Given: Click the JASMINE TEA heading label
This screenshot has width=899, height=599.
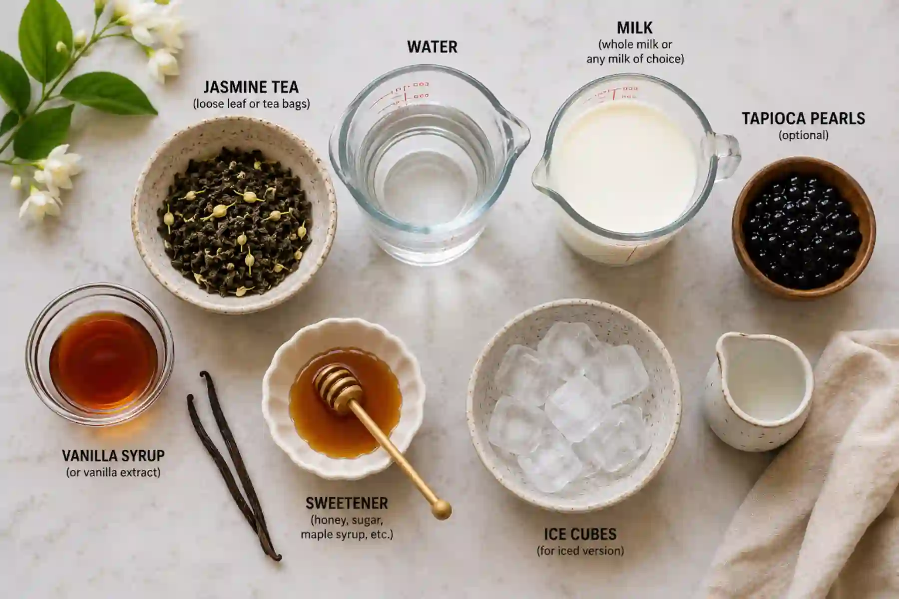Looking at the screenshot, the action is [x=251, y=87].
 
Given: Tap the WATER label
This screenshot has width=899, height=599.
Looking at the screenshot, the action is [x=432, y=47].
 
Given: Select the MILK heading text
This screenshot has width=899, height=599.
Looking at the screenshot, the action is [x=634, y=27].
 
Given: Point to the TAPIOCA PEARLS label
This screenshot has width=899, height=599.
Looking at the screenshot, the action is [x=803, y=118].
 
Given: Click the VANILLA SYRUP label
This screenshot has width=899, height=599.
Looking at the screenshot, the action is [x=113, y=456].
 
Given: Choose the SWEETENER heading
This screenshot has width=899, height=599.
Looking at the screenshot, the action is [x=347, y=503].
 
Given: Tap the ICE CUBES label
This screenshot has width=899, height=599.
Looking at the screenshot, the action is [x=580, y=534].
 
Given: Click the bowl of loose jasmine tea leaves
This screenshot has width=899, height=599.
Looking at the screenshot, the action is [x=234, y=215].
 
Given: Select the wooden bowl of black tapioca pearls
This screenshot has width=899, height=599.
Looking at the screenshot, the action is [x=804, y=228].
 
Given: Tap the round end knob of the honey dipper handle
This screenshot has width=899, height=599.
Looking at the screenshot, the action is [x=442, y=510].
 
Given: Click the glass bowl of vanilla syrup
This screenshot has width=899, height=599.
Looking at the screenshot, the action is [x=100, y=354].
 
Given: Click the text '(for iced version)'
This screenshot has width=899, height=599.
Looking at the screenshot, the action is [x=580, y=551].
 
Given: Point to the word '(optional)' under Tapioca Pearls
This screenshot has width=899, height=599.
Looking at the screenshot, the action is [x=803, y=135].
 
